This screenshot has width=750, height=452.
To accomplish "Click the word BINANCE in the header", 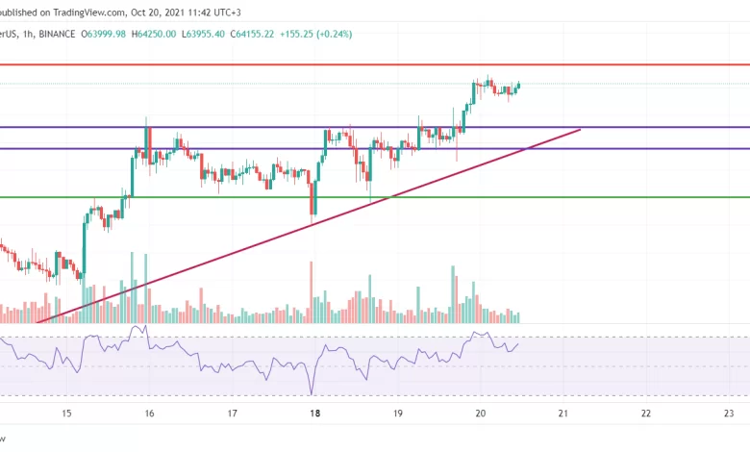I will point(59,34).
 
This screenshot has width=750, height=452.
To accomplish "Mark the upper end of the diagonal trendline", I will point(581,128).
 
